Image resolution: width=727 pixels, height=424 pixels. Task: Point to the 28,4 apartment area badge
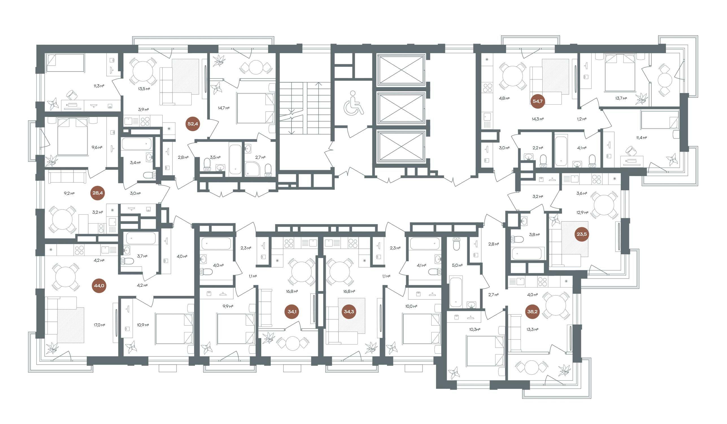pyautogui.click(x=97, y=193)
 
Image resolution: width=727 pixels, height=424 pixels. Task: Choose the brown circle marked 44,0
pyautogui.click(x=99, y=286)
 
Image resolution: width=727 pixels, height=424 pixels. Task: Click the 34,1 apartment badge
pyautogui.click(x=292, y=312)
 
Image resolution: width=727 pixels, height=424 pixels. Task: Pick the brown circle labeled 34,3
pyautogui.click(x=349, y=312)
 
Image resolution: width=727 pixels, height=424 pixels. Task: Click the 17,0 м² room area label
pyautogui.click(x=99, y=325)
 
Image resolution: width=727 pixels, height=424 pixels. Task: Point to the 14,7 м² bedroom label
pyautogui.click(x=224, y=108)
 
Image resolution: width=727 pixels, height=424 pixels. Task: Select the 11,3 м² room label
pyautogui.click(x=99, y=86)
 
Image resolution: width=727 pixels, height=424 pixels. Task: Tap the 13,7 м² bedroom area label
pyautogui.click(x=621, y=98)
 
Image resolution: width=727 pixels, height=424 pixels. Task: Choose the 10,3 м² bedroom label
pyautogui.click(x=474, y=329)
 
